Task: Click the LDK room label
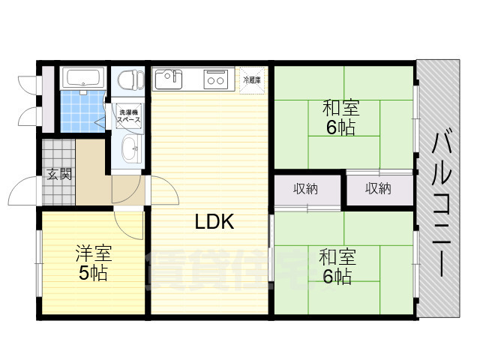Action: pos(215,222)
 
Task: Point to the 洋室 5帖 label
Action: pos(93,263)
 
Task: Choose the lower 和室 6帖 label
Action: pos(336,267)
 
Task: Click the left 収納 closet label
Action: pos(305,189)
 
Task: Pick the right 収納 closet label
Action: pos(378,189)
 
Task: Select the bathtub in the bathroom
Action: pos(82,79)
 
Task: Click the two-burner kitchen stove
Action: pos(217,79)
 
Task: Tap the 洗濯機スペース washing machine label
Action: pos(129,116)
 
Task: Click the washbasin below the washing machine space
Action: pos(130,148)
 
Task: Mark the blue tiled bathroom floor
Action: pos(81,112)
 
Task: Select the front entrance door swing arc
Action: pos(28,187)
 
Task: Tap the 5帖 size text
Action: pos(93,273)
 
